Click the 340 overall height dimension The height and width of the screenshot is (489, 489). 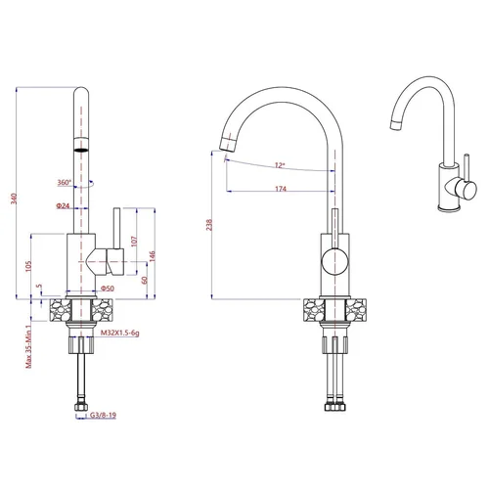(14, 199)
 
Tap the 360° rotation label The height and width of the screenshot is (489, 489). (65, 182)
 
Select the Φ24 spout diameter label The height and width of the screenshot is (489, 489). (63, 205)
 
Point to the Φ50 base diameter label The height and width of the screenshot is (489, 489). (108, 289)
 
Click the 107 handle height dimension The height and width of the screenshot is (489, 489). (134, 242)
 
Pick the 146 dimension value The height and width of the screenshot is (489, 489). (153, 256)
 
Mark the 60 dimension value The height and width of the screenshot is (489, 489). (145, 280)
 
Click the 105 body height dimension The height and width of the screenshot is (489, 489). (28, 266)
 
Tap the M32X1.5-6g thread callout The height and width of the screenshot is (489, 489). (119, 333)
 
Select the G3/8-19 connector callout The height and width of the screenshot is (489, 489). (103, 415)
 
